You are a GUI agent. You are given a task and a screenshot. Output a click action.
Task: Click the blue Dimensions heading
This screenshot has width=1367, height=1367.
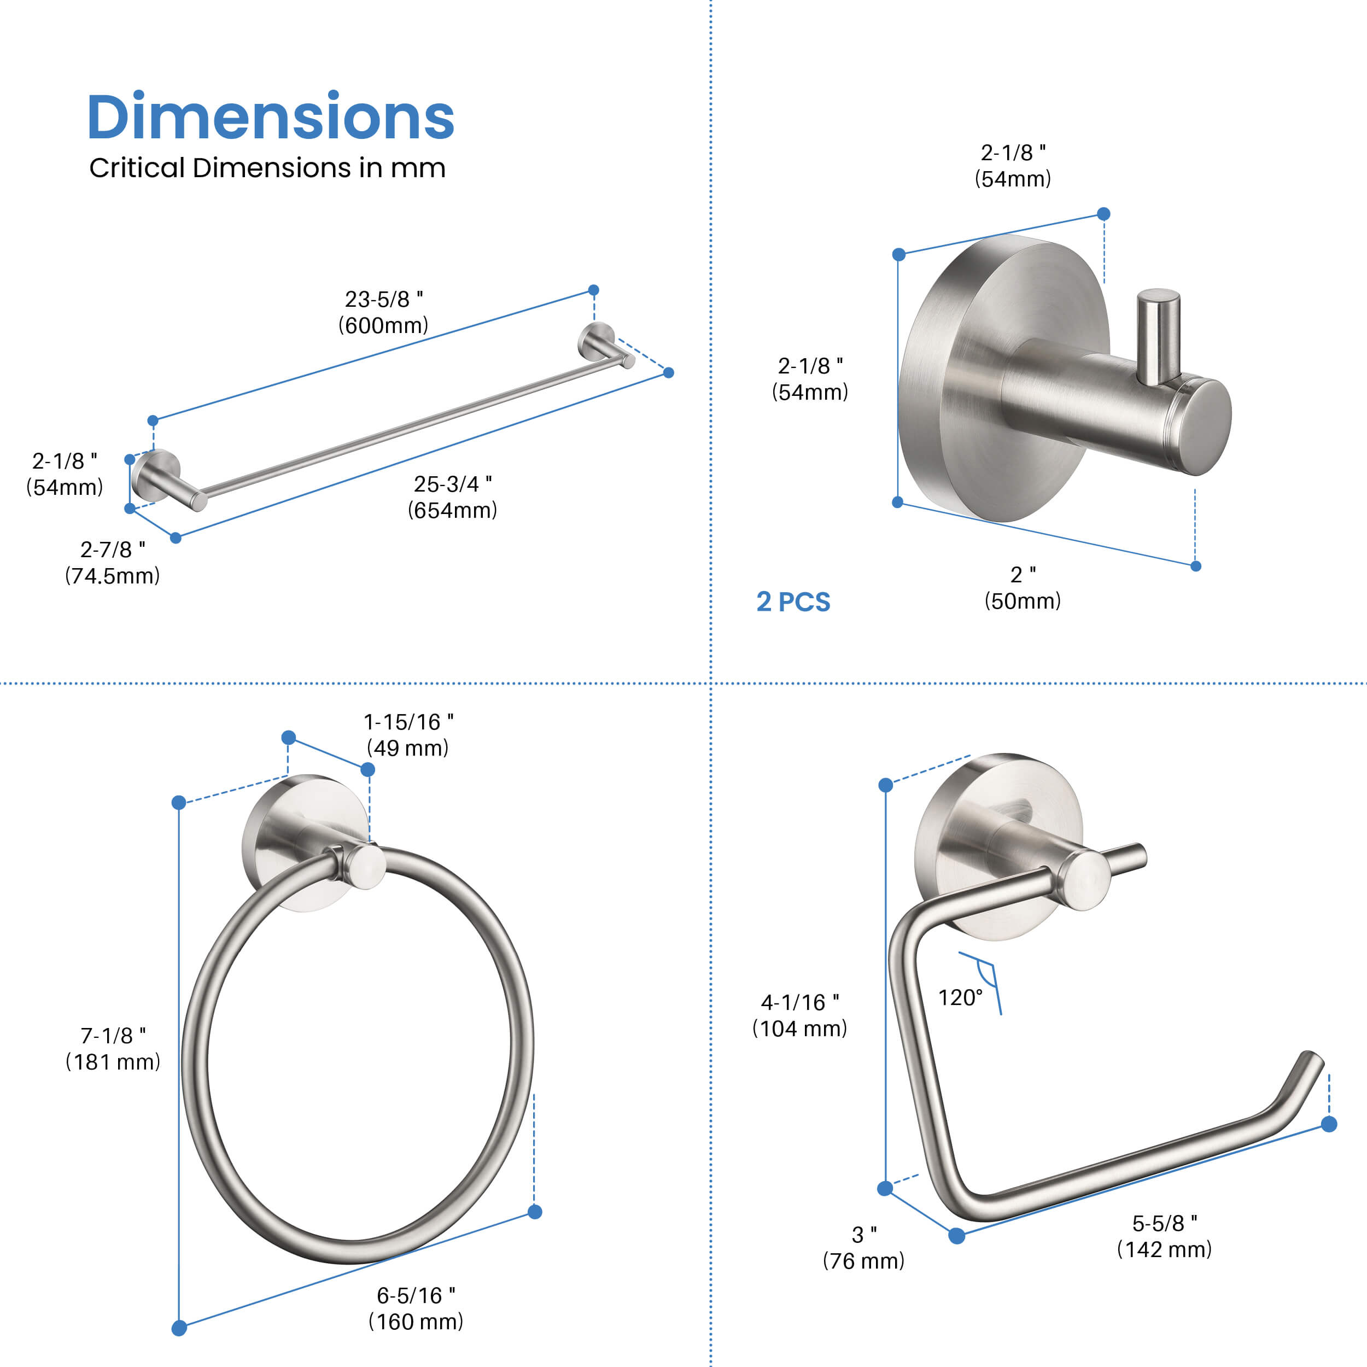[270, 117]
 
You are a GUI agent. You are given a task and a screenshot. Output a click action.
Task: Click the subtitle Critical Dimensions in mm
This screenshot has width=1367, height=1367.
[267, 168]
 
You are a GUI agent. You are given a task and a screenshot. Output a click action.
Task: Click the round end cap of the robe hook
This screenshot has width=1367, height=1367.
[1207, 428]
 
